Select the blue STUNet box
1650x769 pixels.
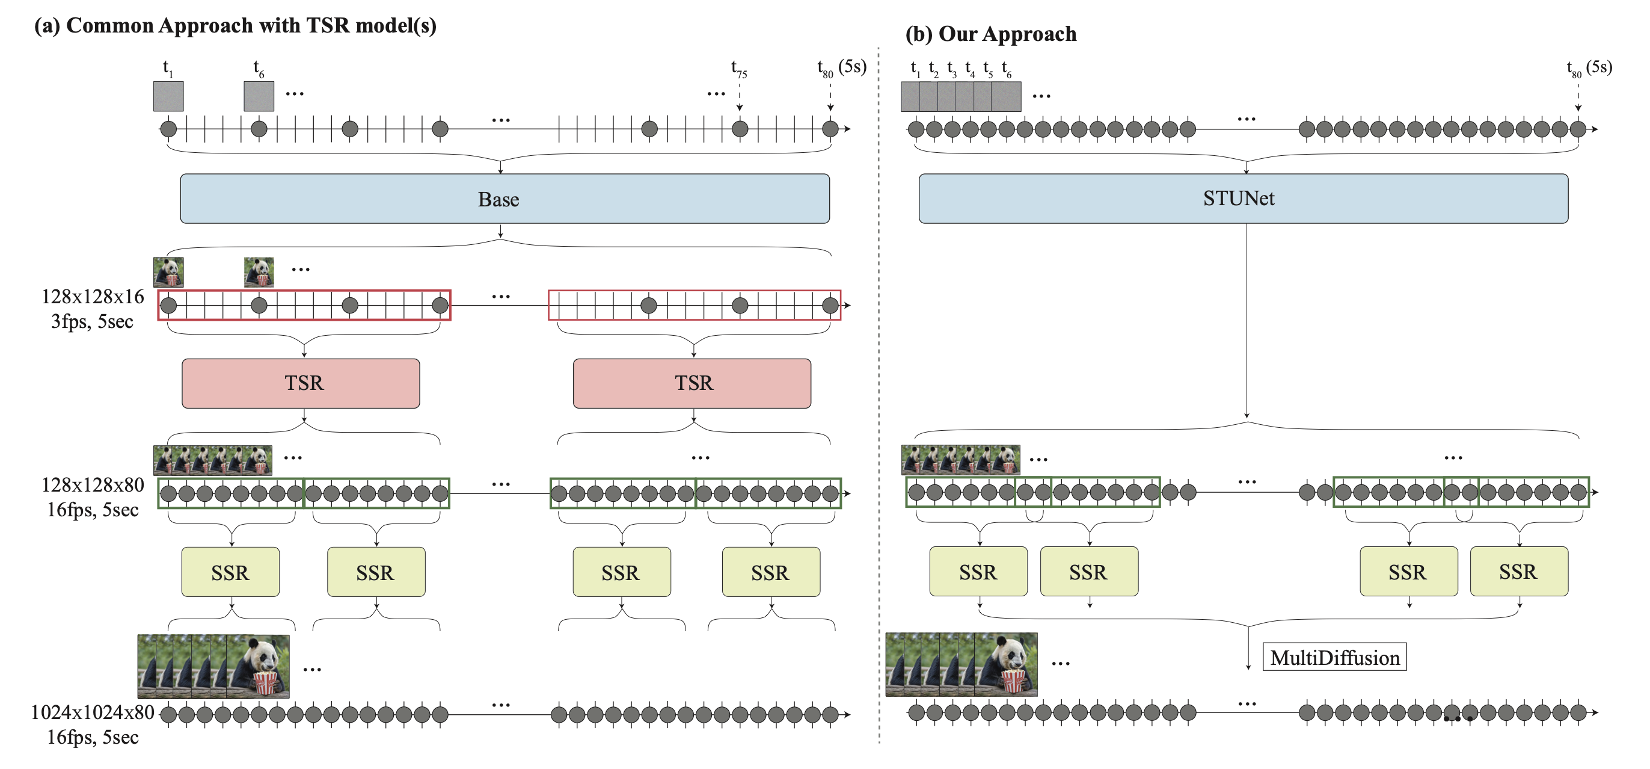[1243, 199]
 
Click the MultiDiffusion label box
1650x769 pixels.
[1334, 658]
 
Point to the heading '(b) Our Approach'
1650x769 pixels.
[990, 34]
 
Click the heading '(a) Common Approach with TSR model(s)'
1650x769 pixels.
[235, 26]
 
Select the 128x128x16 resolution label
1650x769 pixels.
[93, 297]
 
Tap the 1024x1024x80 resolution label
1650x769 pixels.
[93, 712]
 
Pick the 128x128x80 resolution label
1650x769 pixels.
[93, 485]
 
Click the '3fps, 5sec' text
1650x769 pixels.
[92, 322]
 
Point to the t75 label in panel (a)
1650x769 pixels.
[738, 69]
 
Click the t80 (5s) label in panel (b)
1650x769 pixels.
[1589, 68]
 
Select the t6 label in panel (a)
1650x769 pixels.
[258, 68]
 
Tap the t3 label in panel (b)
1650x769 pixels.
[952, 69]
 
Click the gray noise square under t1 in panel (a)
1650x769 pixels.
[168, 96]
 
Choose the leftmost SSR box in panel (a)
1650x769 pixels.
[230, 572]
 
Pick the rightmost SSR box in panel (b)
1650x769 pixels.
[1519, 572]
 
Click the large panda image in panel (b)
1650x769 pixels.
[1005, 664]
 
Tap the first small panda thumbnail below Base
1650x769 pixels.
[168, 272]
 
